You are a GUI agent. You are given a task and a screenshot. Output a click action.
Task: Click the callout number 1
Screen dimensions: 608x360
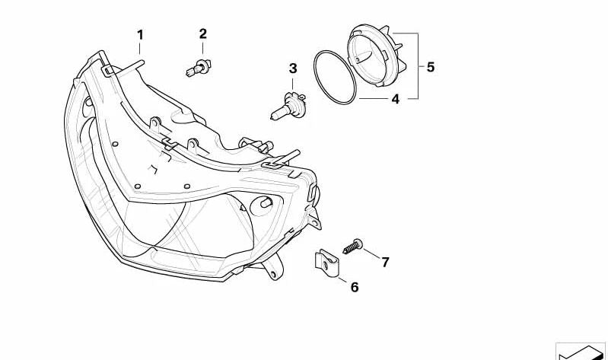point(140,35)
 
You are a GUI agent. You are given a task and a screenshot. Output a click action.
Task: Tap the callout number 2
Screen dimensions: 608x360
point(203,33)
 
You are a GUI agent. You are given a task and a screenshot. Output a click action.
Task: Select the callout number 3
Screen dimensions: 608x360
point(293,68)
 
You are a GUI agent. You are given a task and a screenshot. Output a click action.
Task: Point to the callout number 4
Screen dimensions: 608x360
point(395,99)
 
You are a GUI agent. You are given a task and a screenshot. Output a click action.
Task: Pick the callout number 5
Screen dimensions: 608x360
point(431,67)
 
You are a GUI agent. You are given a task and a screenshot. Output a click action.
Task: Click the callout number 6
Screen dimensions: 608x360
point(355,287)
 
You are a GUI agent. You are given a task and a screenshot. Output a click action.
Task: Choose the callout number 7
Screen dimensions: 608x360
point(384,263)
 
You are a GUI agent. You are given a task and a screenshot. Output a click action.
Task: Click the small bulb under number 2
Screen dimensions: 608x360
point(198,68)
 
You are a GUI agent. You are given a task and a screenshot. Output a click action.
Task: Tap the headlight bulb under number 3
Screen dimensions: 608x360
point(288,106)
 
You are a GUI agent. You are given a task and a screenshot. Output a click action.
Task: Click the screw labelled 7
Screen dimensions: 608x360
point(352,247)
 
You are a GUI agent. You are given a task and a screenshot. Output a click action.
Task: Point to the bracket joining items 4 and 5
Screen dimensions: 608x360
point(418,66)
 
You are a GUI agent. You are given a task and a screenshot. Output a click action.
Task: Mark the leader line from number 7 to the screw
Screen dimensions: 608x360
point(372,254)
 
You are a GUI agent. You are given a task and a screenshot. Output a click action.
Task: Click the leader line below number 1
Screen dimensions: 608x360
point(139,49)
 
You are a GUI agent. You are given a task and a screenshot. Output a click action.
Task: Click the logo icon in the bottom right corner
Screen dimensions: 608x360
point(581,351)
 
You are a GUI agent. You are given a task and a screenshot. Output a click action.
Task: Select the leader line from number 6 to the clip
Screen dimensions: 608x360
point(342,280)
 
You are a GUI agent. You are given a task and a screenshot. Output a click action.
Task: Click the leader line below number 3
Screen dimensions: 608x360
point(293,84)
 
